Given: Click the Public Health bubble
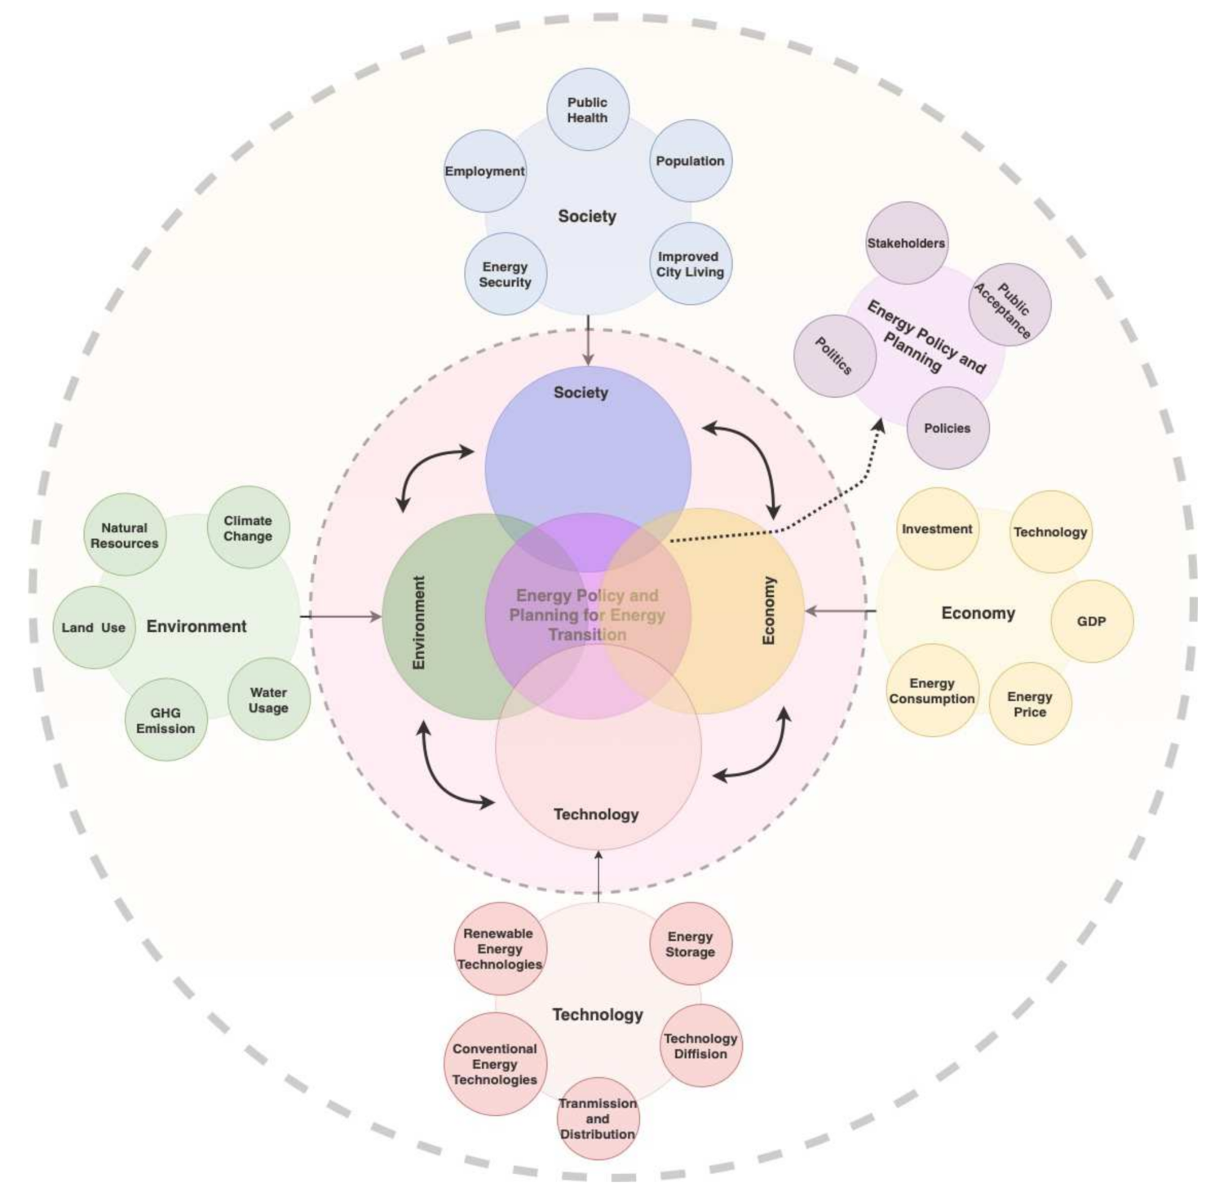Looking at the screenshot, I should tap(587, 110).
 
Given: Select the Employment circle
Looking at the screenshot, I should tap(485, 171).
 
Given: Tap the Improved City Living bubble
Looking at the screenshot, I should tap(691, 264).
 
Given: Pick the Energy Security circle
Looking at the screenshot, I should tap(506, 274).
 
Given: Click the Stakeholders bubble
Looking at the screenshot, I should tap(906, 243).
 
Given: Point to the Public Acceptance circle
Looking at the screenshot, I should tap(1009, 304).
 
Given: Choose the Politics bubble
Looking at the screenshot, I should tap(835, 356).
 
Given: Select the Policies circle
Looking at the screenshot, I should tap(947, 428).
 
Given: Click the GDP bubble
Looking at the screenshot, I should tap(1091, 621).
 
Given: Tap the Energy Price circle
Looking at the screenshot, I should tap(1030, 704).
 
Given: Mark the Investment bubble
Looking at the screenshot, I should tap(937, 529).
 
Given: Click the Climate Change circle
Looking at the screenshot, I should tap(248, 528).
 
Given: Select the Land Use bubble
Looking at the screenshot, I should tap(95, 627).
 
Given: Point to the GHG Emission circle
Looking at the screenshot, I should tap(166, 720).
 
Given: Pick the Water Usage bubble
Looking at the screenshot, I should tap(268, 700).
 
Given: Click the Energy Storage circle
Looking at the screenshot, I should tap(691, 943).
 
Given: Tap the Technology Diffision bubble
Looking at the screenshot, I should tap(700, 1045).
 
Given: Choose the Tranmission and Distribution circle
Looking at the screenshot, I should tap(598, 1118).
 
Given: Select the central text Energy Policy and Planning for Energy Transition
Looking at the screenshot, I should tap(587, 615).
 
